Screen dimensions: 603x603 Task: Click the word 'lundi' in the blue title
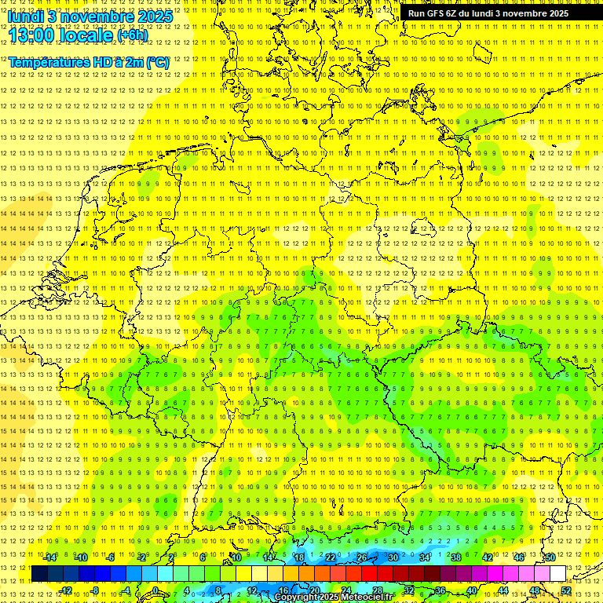click(x=25, y=16)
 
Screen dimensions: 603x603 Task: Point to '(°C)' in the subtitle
click(x=156, y=62)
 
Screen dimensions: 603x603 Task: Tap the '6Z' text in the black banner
click(x=453, y=13)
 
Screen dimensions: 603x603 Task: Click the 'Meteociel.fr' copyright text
click(x=367, y=598)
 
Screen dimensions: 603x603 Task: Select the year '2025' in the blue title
click(x=155, y=16)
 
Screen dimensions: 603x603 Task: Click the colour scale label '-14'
click(x=49, y=557)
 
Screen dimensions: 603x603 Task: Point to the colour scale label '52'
click(x=566, y=590)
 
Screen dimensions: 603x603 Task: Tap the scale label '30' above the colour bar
click(x=393, y=557)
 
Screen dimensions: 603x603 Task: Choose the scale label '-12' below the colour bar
click(x=65, y=590)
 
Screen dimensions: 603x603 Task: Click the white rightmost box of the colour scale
click(x=558, y=574)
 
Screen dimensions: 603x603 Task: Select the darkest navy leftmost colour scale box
click(x=38, y=574)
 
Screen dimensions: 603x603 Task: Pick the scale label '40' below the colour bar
click(x=471, y=590)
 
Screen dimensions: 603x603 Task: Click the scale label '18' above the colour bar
click(x=298, y=557)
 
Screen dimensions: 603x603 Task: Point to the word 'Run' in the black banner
click(x=416, y=13)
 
